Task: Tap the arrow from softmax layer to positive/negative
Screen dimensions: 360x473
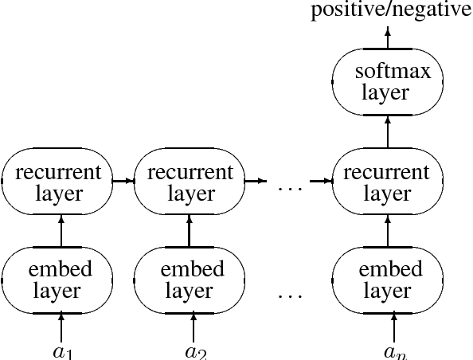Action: click(x=388, y=37)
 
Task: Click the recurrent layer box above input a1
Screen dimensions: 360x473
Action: click(x=57, y=182)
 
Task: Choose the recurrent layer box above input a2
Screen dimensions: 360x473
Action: click(x=189, y=182)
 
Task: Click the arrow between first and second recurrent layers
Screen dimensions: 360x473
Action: click(x=123, y=181)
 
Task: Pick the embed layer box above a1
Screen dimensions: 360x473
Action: click(x=57, y=279)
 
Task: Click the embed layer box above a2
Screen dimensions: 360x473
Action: click(x=189, y=279)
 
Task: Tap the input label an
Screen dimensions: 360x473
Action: click(x=393, y=350)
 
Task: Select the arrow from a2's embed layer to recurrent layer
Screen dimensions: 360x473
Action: click(x=189, y=230)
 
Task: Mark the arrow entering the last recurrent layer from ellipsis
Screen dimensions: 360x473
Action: click(x=321, y=181)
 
